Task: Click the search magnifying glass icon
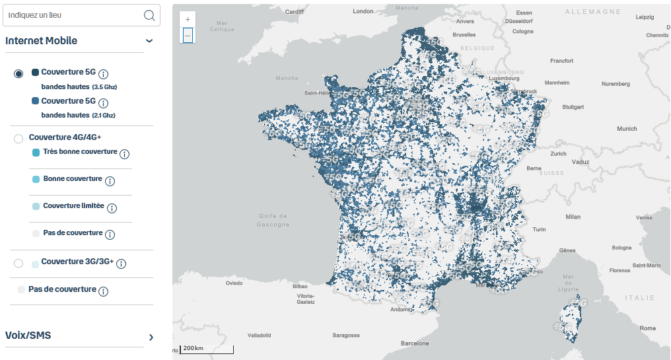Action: (149, 15)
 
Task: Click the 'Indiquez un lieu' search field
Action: (73, 15)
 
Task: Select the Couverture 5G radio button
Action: (18, 73)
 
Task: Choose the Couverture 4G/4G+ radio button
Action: (18, 138)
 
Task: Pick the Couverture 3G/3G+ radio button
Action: (18, 263)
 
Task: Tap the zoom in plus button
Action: (188, 20)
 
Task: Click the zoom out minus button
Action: (188, 35)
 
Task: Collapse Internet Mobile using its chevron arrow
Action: (149, 41)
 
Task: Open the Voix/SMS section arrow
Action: (151, 337)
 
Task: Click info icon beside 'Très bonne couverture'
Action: (124, 154)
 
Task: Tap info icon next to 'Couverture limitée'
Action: (112, 208)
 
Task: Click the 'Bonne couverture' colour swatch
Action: (36, 180)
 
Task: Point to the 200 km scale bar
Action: (207, 348)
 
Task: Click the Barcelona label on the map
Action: (415, 343)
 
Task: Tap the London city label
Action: (363, 11)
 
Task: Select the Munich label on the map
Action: (627, 129)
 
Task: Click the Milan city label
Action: (573, 217)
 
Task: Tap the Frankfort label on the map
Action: (561, 61)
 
